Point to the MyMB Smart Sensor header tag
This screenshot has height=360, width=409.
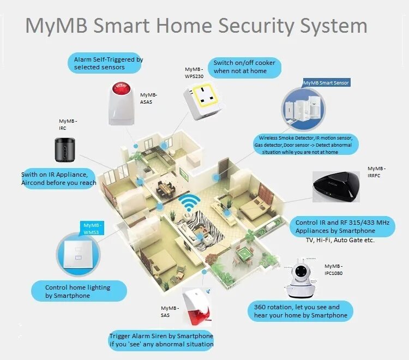[326, 82]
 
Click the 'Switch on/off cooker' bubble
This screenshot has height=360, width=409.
[244, 67]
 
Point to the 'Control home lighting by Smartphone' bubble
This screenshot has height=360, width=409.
[79, 291]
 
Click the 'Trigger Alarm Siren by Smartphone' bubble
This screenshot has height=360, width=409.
[161, 340]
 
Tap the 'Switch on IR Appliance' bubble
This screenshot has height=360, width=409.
[59, 178]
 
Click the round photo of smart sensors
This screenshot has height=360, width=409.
[305, 109]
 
